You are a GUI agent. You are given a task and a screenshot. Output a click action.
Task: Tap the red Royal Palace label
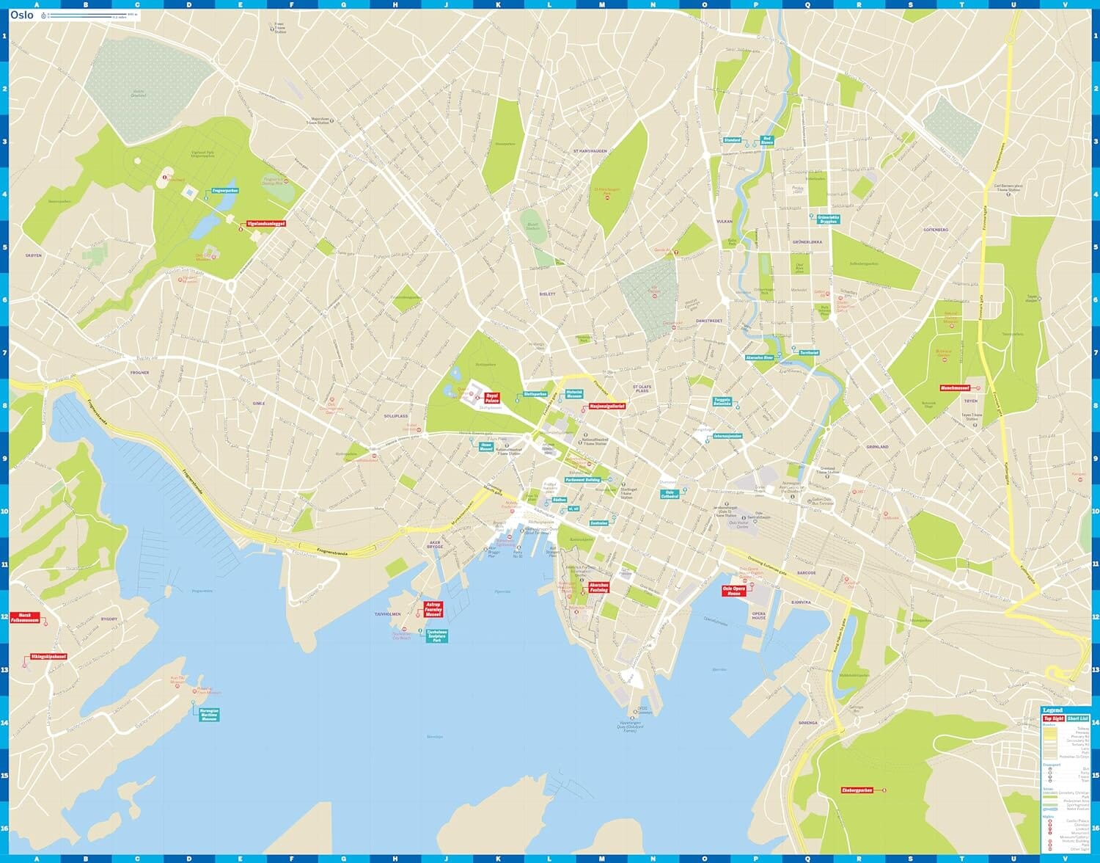click(x=491, y=398)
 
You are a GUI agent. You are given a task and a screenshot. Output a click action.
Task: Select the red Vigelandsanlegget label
click(x=265, y=223)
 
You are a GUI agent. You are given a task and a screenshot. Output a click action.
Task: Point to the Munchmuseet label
click(x=955, y=388)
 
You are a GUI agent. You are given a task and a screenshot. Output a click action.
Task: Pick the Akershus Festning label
click(x=598, y=588)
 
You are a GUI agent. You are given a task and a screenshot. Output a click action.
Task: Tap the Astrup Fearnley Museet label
click(x=433, y=609)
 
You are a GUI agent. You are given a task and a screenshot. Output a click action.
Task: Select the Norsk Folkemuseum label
click(x=25, y=619)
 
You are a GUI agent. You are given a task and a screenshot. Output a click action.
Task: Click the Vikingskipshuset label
click(x=48, y=657)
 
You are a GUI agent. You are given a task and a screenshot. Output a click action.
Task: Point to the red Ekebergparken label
click(x=857, y=790)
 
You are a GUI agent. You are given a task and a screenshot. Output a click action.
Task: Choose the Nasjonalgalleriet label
click(x=606, y=406)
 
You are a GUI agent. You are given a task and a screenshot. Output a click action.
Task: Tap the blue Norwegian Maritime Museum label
click(x=209, y=714)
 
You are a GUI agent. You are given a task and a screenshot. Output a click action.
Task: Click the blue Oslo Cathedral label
click(x=669, y=494)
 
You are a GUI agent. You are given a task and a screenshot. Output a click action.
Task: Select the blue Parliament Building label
click(x=583, y=480)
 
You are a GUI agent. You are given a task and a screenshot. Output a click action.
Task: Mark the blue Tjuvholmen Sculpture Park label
click(x=436, y=636)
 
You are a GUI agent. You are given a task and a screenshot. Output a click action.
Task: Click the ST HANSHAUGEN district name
click(x=590, y=151)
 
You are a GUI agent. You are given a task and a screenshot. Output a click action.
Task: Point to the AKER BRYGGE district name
click(x=436, y=545)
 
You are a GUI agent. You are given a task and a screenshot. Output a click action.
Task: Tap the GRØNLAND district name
click(x=877, y=446)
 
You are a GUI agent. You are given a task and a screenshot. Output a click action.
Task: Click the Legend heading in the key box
click(x=1052, y=710)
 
